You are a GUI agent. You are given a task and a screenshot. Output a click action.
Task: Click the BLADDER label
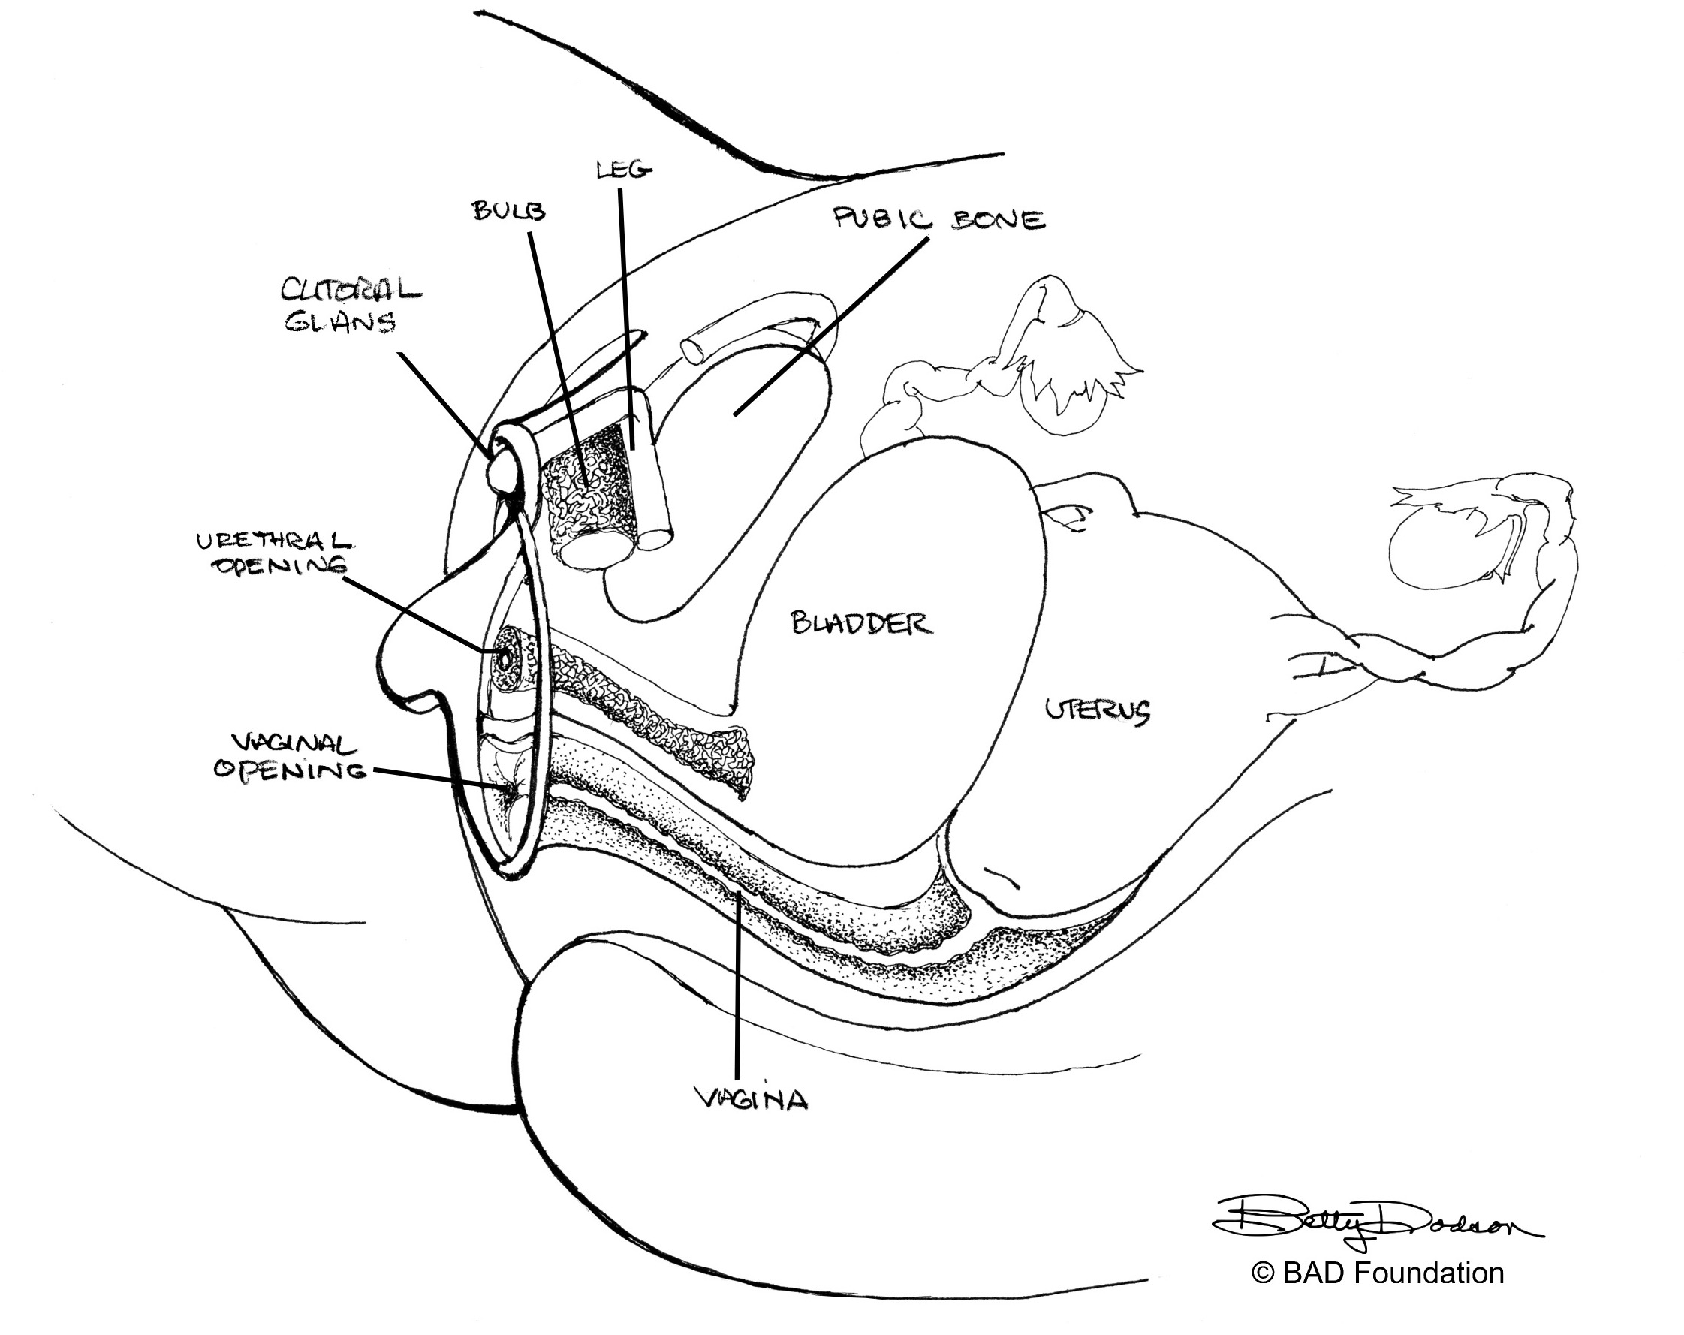(862, 624)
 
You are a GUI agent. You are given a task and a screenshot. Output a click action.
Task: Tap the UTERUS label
(1097, 710)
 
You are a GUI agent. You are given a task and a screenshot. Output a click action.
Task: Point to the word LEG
(623, 169)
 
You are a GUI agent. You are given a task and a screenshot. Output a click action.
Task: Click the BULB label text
(508, 211)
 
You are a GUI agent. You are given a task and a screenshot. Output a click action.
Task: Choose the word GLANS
(341, 322)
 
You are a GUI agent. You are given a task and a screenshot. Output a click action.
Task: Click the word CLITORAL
(351, 291)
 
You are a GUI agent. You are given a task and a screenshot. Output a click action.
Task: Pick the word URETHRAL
(273, 541)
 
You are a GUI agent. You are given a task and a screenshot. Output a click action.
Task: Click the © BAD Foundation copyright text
(1377, 1273)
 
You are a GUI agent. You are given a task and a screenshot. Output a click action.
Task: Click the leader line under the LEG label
(627, 312)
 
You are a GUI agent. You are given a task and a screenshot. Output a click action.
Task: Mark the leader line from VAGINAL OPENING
(438, 777)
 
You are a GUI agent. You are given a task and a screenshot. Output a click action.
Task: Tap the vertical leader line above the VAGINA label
(737, 984)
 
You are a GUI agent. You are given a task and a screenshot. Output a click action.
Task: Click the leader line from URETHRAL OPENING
(414, 614)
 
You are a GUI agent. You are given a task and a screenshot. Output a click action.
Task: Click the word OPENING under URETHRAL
(279, 566)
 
